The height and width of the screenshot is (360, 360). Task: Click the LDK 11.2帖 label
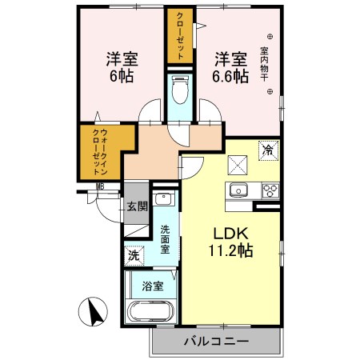(232, 241)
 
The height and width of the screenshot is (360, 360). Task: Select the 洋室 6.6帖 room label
(230, 67)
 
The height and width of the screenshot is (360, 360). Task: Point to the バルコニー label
(216, 342)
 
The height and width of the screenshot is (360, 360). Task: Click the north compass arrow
(95, 310)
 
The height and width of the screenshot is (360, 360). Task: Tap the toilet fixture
(180, 88)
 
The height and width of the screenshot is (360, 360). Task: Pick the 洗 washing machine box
(133, 256)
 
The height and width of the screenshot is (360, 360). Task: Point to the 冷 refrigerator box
(269, 150)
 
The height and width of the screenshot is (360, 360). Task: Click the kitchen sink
(239, 190)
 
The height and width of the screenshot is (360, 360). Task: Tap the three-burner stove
(270, 191)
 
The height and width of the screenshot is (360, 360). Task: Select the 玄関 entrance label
(136, 206)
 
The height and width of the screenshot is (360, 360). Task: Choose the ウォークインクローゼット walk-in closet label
(100, 152)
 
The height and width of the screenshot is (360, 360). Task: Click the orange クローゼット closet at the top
(180, 36)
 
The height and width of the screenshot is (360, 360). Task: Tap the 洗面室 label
(166, 240)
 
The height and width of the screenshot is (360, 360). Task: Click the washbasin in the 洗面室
(164, 200)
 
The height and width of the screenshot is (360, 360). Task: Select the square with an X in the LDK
(237, 165)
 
